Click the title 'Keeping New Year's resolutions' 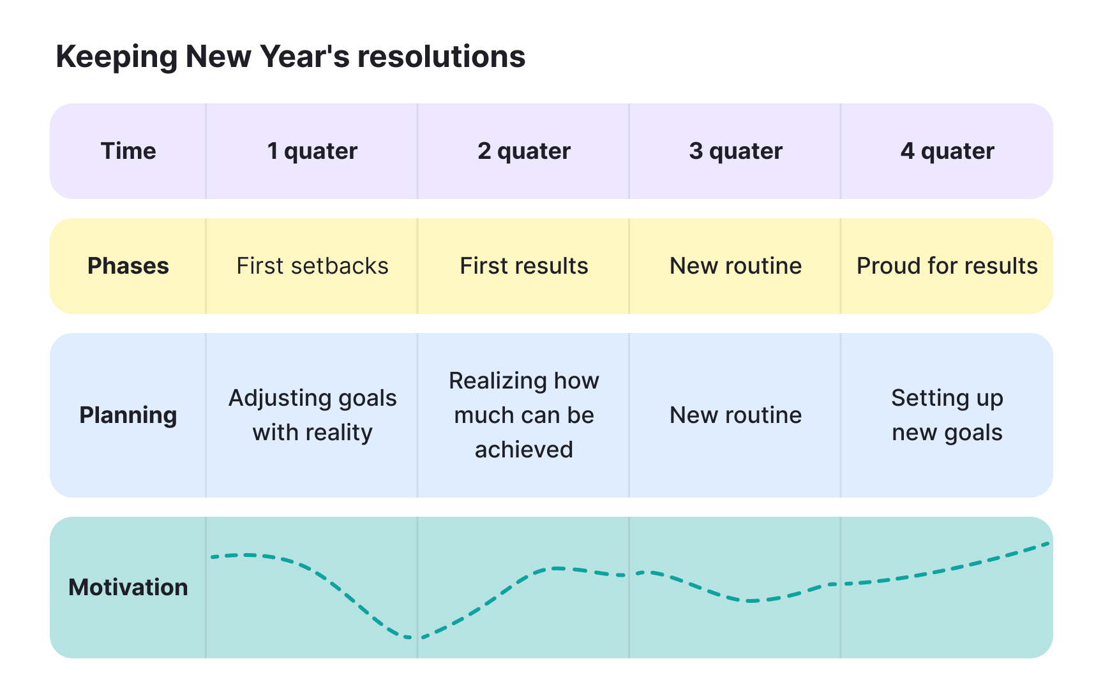click(x=290, y=57)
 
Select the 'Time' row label click(x=128, y=151)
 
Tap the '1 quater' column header click(x=312, y=151)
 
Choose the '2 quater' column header click(x=523, y=151)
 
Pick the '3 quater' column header click(x=735, y=151)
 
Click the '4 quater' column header click(x=947, y=151)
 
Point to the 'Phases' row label click(x=128, y=266)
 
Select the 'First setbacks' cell click(x=312, y=266)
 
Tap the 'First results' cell click(x=523, y=266)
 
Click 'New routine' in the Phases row click(x=735, y=266)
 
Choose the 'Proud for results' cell click(x=947, y=266)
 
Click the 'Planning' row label click(x=128, y=415)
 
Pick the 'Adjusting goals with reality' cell click(x=312, y=415)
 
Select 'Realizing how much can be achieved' click(x=523, y=415)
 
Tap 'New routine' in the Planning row click(x=735, y=415)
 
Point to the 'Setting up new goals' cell click(x=947, y=415)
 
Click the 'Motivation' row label click(x=128, y=588)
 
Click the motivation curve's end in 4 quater click(x=1047, y=544)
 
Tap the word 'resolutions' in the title click(x=441, y=57)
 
